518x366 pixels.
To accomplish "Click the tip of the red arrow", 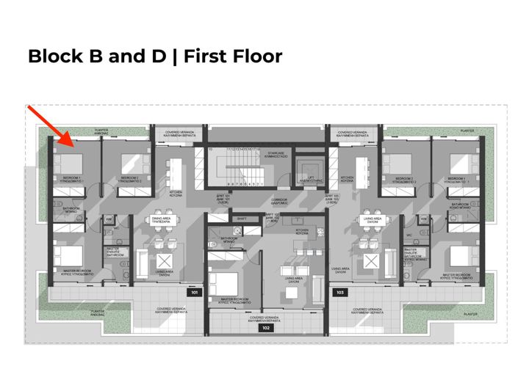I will pos(70,144).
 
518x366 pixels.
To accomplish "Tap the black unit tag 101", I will pos(195,293).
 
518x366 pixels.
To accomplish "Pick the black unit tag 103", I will pos(339,293).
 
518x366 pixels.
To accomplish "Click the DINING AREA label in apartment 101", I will pos(161,219).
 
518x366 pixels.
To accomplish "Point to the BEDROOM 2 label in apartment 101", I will pos(129,178).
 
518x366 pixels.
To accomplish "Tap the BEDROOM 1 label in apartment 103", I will pos(456,178).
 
